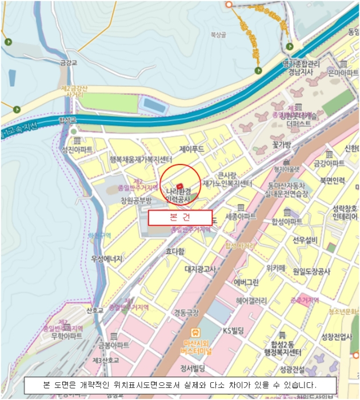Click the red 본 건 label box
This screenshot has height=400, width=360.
tap(180, 218)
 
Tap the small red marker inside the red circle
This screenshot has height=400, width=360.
tap(180, 186)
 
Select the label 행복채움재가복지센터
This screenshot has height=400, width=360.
tap(141, 159)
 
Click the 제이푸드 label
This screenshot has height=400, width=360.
tap(191, 149)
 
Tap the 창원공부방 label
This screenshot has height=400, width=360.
tap(135, 200)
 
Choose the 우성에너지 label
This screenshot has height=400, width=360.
tap(107, 259)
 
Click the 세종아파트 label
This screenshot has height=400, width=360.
tap(241, 217)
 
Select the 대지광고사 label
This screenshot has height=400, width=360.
tap(199, 269)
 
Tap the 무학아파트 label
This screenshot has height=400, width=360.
tap(67, 336)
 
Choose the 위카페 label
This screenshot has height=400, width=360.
tap(275, 267)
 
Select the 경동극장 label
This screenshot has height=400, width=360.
tap(186, 313)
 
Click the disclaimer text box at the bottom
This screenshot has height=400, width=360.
tap(179, 385)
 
